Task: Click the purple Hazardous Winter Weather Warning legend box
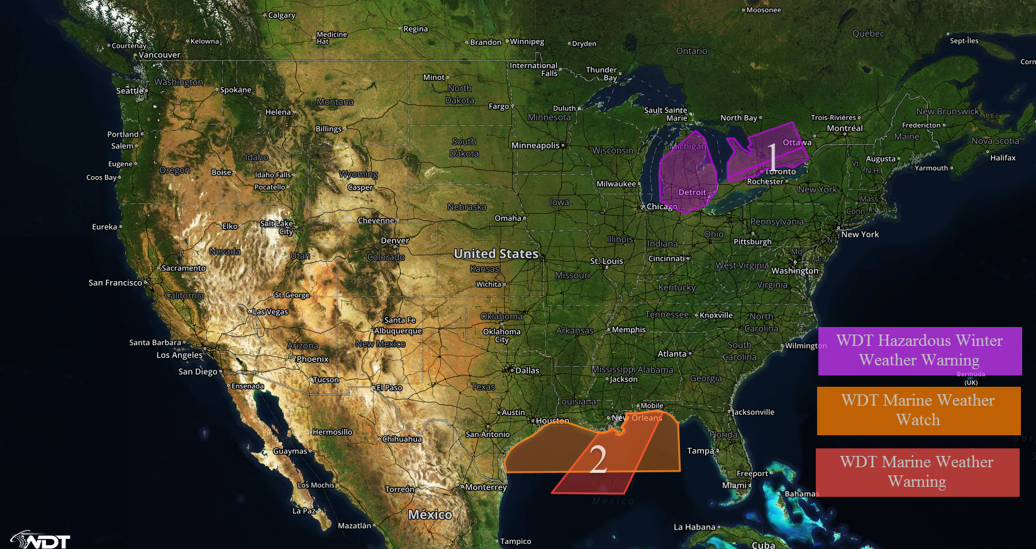920,351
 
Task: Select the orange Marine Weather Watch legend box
918,411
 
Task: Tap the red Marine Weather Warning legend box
917,472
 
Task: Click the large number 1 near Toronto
772,156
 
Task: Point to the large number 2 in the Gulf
598,459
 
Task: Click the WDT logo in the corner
41,540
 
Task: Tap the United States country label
496,253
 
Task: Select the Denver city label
394,241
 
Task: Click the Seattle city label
130,91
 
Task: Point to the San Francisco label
115,283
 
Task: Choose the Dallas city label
527,370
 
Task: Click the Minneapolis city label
535,145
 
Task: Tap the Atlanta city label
672,354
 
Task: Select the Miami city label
734,485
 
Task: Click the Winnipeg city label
527,42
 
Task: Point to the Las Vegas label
270,311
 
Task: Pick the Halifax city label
1003,158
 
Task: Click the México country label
430,514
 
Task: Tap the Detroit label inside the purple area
692,192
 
